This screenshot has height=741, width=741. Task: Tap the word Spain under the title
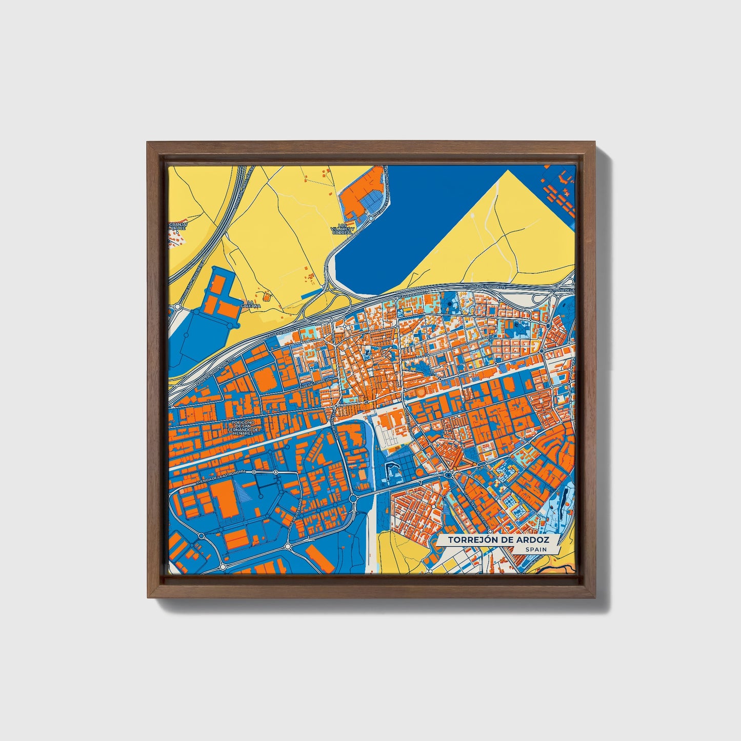[535, 549]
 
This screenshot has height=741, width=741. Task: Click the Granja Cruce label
[179, 226]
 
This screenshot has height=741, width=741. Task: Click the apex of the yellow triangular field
[508, 170]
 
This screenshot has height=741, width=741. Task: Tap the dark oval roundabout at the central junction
[449, 475]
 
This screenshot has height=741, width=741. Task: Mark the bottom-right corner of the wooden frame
[595, 598]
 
